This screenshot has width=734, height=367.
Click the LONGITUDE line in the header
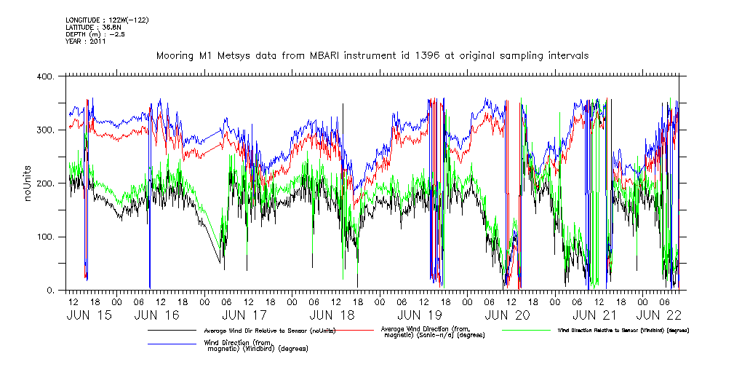click(x=107, y=20)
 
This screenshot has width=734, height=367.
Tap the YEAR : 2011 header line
click(x=86, y=42)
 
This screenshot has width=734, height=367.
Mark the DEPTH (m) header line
click(x=95, y=34)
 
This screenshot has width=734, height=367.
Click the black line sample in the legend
click(x=172, y=331)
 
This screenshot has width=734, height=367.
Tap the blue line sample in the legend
click(x=172, y=343)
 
